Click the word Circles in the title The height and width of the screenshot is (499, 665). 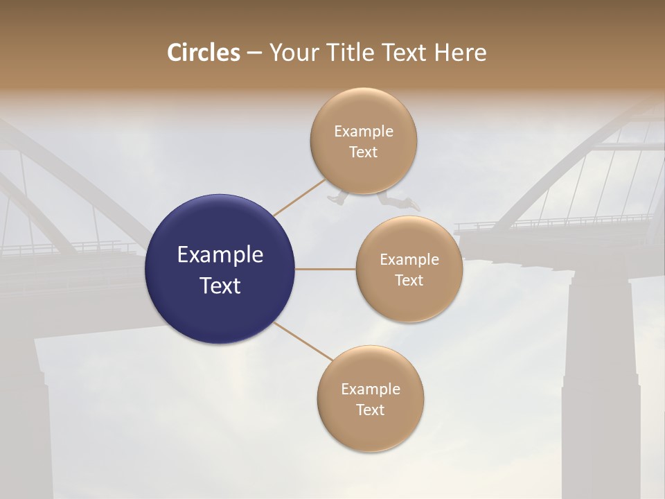coord(204,53)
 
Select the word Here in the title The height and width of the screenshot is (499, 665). coord(461,53)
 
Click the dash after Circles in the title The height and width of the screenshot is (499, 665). coord(254,53)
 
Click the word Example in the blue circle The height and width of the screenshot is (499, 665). coord(220,255)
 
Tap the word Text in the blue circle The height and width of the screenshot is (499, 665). coord(220,286)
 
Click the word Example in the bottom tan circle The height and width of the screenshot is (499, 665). coord(370,389)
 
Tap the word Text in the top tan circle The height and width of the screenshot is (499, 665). coord(363,152)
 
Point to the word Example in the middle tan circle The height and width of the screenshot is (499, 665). coord(409,259)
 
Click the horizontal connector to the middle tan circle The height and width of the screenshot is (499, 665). coord(325,269)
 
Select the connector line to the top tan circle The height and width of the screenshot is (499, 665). coord(299,197)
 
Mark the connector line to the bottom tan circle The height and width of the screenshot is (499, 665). coord(303,341)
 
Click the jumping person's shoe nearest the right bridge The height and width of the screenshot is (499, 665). coord(414,207)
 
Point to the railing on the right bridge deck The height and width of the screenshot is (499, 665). coord(554,222)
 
